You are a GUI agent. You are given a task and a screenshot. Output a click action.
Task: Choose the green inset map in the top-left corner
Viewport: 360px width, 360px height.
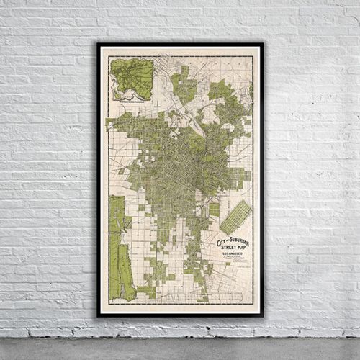tap(132, 79)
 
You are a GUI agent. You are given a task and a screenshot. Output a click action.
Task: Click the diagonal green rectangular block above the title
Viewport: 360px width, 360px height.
tap(235, 217)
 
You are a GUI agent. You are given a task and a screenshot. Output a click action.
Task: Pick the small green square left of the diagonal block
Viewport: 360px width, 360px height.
tap(214, 210)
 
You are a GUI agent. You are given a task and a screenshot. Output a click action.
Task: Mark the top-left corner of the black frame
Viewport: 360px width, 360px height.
tap(98, 44)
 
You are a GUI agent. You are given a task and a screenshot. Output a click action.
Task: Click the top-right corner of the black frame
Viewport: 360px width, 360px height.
tap(263, 44)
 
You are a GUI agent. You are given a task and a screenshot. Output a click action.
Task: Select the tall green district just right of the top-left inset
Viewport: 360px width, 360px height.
tap(183, 84)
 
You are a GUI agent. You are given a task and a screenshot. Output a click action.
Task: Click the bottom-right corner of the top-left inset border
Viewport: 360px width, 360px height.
tap(154, 102)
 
